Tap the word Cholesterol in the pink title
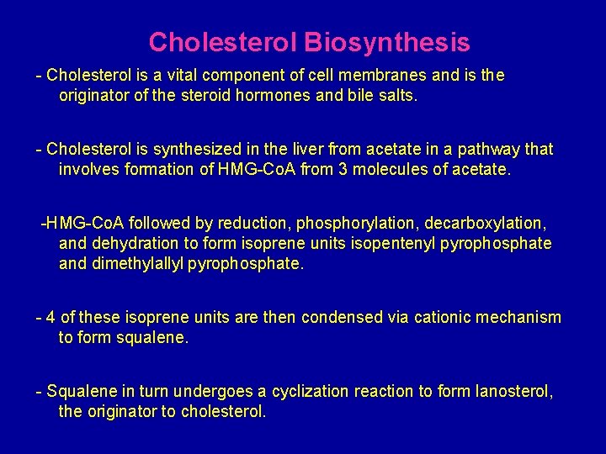(223, 41)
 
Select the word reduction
(250, 223)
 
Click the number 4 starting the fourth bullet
(52, 317)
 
